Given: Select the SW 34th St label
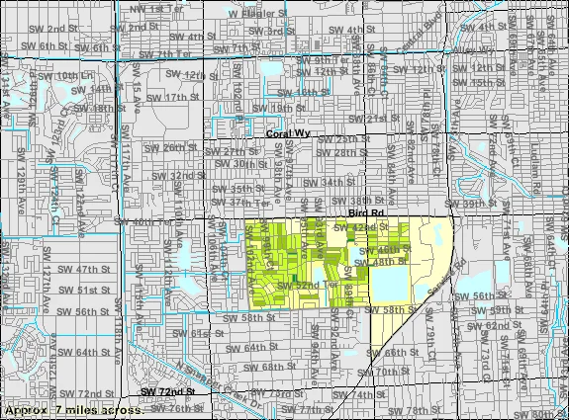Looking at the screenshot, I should click(330, 182).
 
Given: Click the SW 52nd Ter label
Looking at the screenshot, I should click(292, 285).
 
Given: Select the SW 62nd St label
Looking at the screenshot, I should click(488, 324).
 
